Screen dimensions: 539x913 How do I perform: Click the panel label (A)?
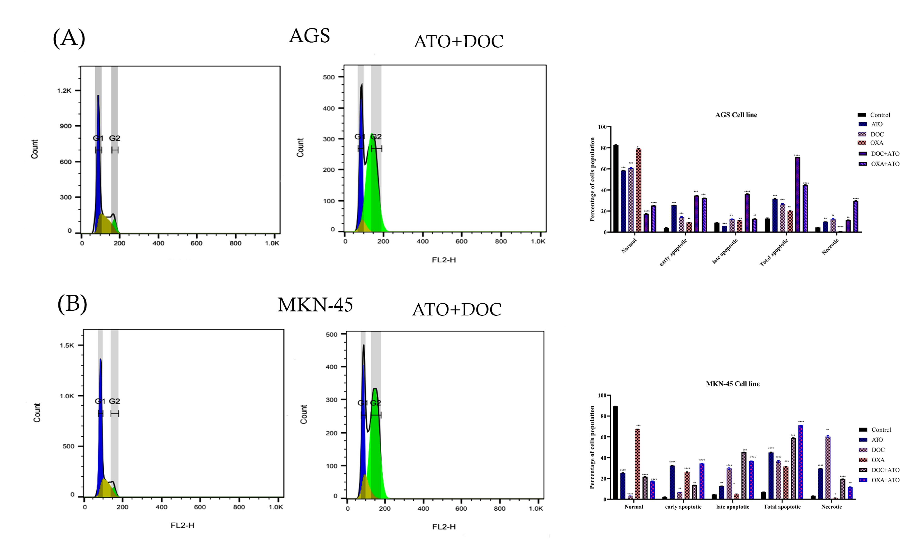(x=69, y=38)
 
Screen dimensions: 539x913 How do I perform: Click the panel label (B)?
(x=72, y=303)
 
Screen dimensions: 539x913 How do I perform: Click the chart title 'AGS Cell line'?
(x=736, y=115)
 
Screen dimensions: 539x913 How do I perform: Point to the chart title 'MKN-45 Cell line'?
(x=732, y=384)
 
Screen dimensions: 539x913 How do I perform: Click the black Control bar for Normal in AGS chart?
(x=616, y=189)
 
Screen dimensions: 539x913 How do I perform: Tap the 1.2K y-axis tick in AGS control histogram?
(x=64, y=91)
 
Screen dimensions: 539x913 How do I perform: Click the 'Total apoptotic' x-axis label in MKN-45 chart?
(x=782, y=507)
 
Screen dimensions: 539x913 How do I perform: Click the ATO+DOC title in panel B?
(x=457, y=310)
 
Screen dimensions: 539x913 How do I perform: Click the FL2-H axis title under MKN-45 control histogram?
(x=182, y=525)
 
